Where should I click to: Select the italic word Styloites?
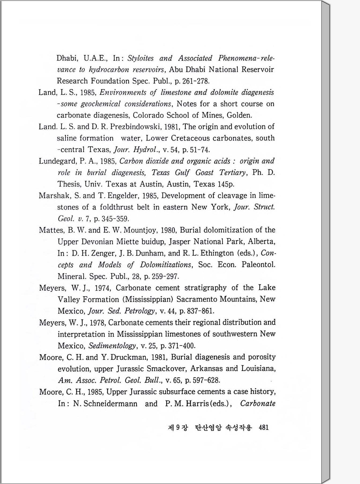(140, 58)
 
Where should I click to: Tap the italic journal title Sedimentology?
(112, 346)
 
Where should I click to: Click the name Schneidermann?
(105, 404)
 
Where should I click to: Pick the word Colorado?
(148, 115)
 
